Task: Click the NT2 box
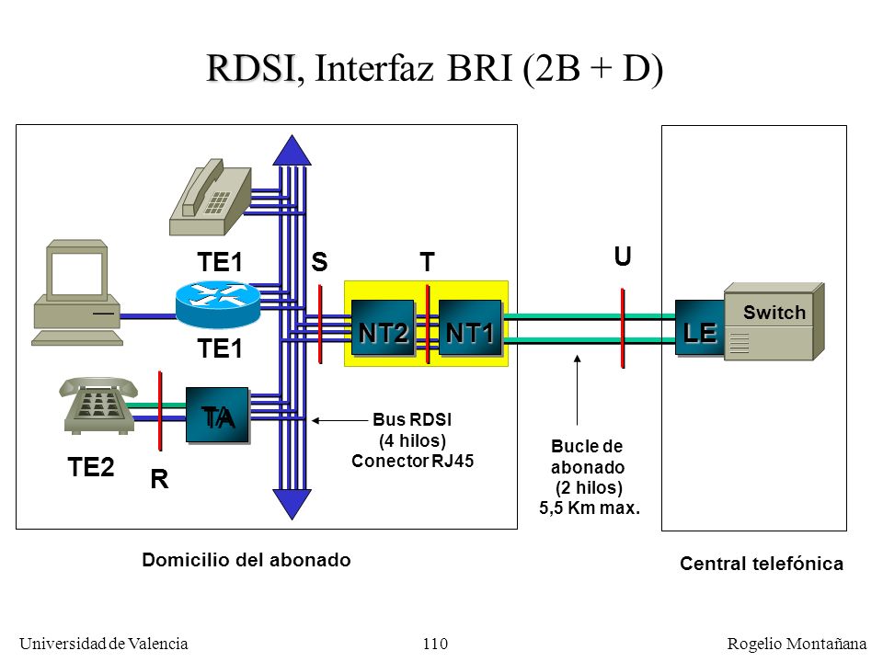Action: tap(383, 327)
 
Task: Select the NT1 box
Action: tap(470, 327)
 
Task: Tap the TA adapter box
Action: tap(217, 415)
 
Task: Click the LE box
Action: tap(700, 327)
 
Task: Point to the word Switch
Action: tap(774, 313)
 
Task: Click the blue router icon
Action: tap(218, 304)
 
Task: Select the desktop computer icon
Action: tap(77, 292)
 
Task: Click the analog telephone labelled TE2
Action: tap(98, 405)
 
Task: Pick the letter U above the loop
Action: tap(623, 257)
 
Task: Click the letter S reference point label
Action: tap(319, 262)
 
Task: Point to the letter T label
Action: tap(428, 262)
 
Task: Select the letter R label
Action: tap(159, 479)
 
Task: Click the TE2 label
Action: tap(91, 467)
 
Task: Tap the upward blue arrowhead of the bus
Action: tap(292, 150)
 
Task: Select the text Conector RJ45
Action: tap(412, 461)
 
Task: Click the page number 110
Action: tap(435, 644)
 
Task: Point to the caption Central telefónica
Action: tap(762, 564)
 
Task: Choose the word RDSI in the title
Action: tap(251, 68)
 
